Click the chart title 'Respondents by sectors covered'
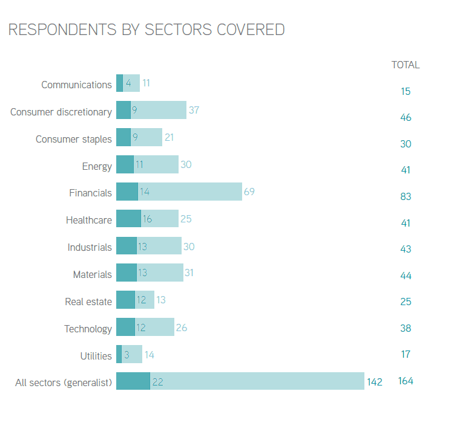(146, 30)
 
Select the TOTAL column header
(406, 65)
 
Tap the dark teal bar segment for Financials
(127, 192)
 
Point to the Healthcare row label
(89, 220)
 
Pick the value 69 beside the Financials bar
(249, 192)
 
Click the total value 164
(406, 381)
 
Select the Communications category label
(76, 85)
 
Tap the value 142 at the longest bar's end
(375, 382)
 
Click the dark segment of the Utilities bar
(119, 355)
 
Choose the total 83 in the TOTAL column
(406, 196)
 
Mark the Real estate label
(88, 302)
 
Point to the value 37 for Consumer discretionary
(194, 110)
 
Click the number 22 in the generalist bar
(159, 382)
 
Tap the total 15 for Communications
(406, 92)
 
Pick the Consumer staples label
(74, 139)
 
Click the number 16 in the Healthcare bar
(147, 219)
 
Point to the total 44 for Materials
(406, 276)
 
